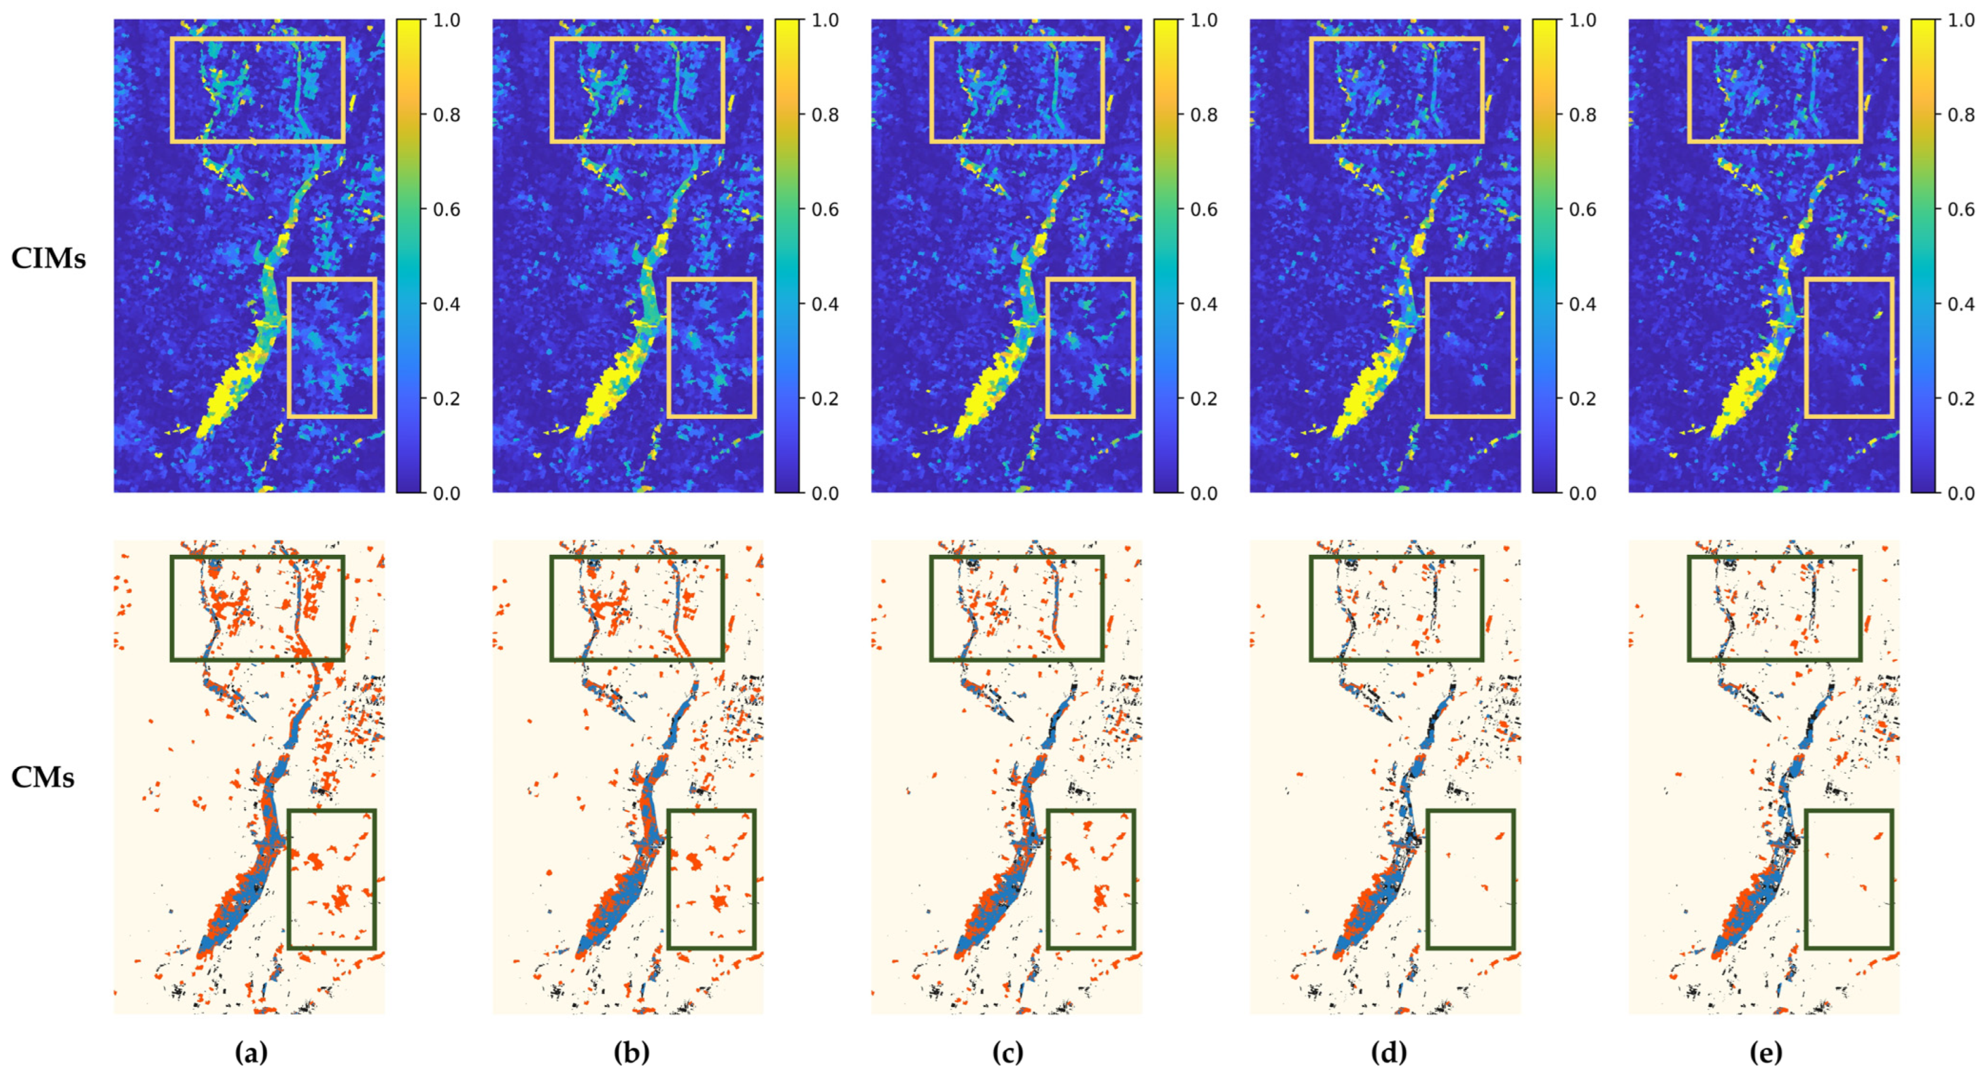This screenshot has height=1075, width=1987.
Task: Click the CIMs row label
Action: tap(48, 258)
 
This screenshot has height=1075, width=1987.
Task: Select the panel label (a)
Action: tap(251, 1053)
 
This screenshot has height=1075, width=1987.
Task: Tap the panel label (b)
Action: tap(631, 1053)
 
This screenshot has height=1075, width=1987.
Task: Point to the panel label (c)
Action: tap(1007, 1053)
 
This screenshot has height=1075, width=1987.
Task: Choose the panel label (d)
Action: tap(1387, 1053)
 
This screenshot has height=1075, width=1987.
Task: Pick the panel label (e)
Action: tap(1765, 1053)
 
